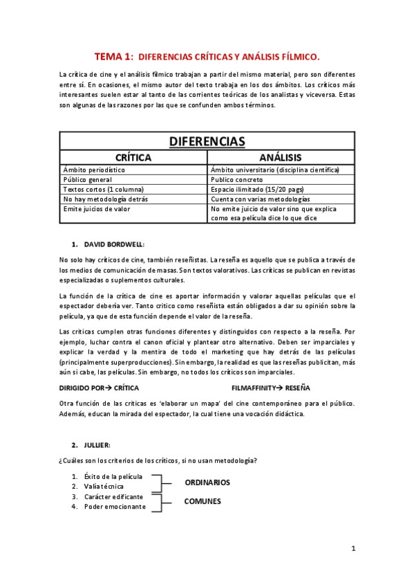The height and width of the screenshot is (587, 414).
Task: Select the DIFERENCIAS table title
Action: coord(207,142)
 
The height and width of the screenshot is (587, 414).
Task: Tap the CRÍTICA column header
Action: coord(133,158)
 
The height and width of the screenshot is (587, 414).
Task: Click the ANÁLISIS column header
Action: coord(280,158)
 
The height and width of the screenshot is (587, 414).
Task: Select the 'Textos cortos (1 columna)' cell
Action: coord(100,189)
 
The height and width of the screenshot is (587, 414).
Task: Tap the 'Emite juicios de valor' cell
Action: coord(97,208)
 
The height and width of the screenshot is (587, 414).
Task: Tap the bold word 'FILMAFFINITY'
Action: coord(254,388)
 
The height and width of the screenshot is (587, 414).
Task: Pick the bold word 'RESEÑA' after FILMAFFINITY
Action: coord(298,388)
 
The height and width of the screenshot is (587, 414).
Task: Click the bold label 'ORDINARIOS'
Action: coord(207,482)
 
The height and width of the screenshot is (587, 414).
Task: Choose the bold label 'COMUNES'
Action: coord(202,501)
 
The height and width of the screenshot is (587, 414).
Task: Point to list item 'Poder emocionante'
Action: coord(115,506)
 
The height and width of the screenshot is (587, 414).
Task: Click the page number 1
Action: coord(352,549)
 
